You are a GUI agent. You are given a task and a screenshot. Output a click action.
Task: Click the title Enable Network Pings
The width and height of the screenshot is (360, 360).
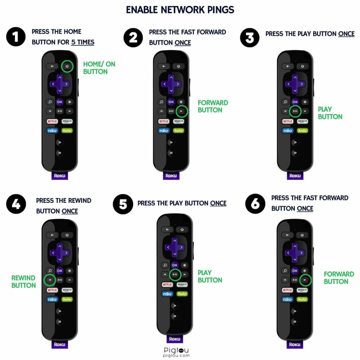[x=180, y=10]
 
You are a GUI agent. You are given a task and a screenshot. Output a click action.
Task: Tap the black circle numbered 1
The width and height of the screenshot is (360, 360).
[x=16, y=37]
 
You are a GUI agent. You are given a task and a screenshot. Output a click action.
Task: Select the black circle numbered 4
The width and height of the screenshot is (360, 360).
[x=16, y=204]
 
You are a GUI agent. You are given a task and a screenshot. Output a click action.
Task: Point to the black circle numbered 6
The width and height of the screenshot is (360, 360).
[x=255, y=204]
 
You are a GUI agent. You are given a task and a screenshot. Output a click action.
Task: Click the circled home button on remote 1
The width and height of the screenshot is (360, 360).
[x=67, y=66]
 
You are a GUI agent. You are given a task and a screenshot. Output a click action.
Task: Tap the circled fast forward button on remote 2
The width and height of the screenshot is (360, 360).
[x=182, y=111]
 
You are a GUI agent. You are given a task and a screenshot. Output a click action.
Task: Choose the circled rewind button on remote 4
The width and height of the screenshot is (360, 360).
[x=50, y=280]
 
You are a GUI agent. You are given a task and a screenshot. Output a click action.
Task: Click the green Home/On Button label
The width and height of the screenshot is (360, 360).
[x=99, y=68]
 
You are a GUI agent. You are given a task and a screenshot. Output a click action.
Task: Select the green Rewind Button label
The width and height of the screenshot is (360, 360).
[x=24, y=282]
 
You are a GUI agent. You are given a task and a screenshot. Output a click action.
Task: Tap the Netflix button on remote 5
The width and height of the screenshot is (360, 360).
[x=167, y=285]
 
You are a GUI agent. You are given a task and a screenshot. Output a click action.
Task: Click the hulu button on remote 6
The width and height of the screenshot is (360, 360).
[x=302, y=300]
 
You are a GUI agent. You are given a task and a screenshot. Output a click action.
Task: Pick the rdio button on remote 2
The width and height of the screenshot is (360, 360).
[x=164, y=131]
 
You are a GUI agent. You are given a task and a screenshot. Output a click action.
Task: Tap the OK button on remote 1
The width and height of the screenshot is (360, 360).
[x=60, y=102]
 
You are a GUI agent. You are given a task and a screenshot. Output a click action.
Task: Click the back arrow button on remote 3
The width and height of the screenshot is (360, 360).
[x=288, y=66]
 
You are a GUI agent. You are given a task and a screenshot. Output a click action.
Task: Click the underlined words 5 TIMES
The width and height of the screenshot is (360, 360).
[x=83, y=42]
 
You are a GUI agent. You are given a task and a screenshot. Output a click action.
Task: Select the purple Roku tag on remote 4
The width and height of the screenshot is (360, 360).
[x=60, y=344]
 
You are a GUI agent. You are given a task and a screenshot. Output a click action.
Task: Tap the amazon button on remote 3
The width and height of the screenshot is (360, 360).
[x=303, y=121]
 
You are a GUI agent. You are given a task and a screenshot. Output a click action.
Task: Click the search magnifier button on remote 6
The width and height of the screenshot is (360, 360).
[x=285, y=271]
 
